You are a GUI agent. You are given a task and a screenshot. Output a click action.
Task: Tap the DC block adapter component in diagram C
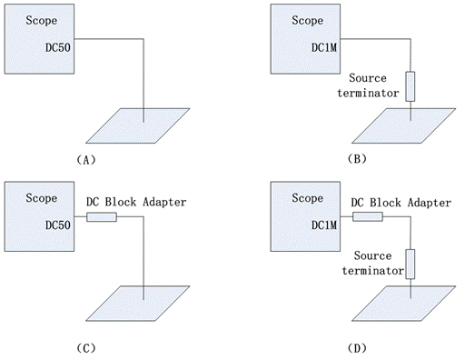[x=101, y=216]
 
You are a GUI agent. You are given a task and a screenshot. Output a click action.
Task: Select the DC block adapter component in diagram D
[x=368, y=216]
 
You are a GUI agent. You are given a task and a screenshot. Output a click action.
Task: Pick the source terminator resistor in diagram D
[x=411, y=263]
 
